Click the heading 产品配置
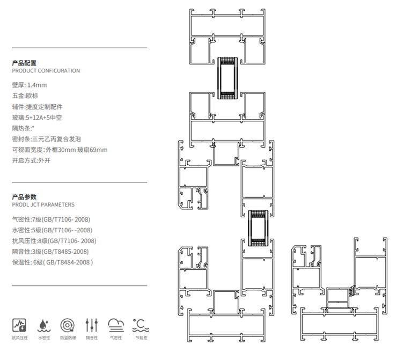[x=24, y=63]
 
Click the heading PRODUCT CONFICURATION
[x=46, y=71]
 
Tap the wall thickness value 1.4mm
[x=37, y=85]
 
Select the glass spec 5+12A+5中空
[x=44, y=117]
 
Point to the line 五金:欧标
[x=25, y=95]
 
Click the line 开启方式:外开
[x=31, y=160]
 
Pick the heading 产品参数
[x=24, y=197]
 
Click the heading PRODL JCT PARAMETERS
[x=43, y=204]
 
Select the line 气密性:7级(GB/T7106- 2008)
[x=51, y=219]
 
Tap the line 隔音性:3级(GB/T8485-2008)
[x=50, y=252]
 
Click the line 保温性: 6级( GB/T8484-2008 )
[x=53, y=262]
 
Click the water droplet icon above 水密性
[x=44, y=325]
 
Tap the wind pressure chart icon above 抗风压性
[x=19, y=325]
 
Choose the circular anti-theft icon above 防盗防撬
[x=68, y=325]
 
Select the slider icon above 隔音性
[x=92, y=325]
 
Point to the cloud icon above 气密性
[x=116, y=325]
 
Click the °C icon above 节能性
[x=141, y=325]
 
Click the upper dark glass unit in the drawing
[x=227, y=78]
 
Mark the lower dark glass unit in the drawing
[x=258, y=228]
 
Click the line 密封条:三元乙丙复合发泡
[x=46, y=139]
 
